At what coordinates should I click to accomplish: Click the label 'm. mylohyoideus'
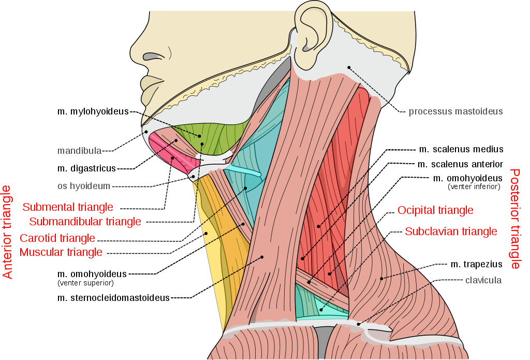(93, 111)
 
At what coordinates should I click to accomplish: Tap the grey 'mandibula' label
(79, 151)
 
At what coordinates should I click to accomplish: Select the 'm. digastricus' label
(86, 168)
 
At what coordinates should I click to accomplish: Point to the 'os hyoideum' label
(84, 186)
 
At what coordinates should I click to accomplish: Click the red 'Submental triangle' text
(68, 207)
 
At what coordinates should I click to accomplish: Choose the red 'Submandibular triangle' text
(85, 221)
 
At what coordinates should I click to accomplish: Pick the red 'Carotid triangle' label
(57, 238)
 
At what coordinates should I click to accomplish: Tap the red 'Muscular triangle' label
(61, 252)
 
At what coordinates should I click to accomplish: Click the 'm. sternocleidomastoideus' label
(113, 298)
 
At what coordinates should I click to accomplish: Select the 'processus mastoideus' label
(455, 111)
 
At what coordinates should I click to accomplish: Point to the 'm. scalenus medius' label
(461, 149)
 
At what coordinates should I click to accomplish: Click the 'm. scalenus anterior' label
(460, 164)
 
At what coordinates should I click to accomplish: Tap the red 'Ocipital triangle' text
(435, 210)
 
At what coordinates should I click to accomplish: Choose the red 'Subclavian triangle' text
(451, 232)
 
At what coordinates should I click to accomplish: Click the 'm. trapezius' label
(476, 264)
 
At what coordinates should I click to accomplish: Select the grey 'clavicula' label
(483, 280)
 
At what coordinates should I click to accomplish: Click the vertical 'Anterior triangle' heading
(7, 232)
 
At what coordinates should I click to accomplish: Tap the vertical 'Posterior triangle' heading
(515, 219)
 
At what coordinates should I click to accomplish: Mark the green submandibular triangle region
(213, 137)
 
